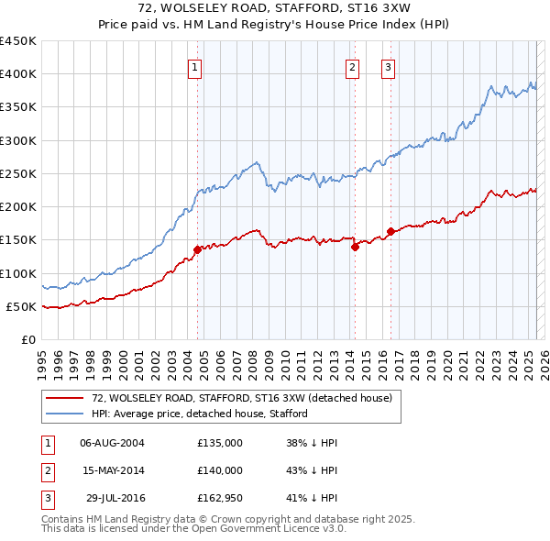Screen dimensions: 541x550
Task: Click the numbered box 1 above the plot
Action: coord(196,66)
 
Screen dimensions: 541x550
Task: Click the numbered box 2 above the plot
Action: coord(353,66)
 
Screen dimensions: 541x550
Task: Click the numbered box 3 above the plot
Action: coord(388,66)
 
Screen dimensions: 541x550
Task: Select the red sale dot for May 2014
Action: coord(354,246)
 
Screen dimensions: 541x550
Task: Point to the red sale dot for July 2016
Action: coord(390,231)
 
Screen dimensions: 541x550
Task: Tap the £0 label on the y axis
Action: coord(28,339)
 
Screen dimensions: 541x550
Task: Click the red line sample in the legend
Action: coord(65,398)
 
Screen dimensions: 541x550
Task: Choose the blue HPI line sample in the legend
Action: coord(65,414)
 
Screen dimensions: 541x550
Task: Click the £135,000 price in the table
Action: coord(220,443)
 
